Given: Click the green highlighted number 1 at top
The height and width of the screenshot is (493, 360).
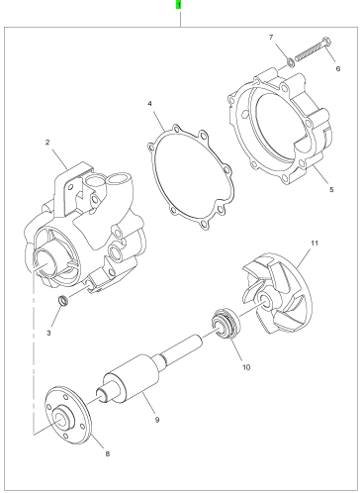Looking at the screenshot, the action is click(x=178, y=5).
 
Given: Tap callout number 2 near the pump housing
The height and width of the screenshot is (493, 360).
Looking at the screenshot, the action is click(x=47, y=143).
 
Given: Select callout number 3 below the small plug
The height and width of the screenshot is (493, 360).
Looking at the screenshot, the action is click(x=48, y=333).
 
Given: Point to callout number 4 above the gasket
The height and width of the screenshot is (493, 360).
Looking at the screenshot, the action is click(x=149, y=104).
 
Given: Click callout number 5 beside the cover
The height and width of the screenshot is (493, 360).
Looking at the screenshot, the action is click(x=331, y=189).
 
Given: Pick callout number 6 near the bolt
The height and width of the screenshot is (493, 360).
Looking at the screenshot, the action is click(x=338, y=68).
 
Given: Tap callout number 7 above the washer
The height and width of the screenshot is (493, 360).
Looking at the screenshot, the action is click(x=271, y=37).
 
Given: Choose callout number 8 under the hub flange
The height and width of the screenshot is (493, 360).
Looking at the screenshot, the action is click(x=108, y=453).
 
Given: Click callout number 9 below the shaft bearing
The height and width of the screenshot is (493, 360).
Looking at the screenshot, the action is click(x=157, y=420).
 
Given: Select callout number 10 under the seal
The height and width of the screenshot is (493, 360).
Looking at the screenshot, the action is click(x=246, y=367).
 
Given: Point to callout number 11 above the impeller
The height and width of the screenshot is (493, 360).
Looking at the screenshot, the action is click(x=315, y=243).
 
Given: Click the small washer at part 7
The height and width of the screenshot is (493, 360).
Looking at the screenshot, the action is click(x=291, y=61).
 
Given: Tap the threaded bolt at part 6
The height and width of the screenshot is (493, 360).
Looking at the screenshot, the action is click(x=313, y=49).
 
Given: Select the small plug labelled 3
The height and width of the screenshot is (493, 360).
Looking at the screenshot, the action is click(x=63, y=300).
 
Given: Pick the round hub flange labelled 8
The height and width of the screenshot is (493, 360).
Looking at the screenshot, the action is click(x=67, y=415).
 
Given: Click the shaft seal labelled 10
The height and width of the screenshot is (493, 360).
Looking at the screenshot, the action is click(x=225, y=323).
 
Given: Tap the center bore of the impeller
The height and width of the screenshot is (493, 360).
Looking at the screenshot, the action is click(x=264, y=297).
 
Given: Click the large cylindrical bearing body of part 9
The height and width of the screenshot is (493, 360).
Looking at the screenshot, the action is click(x=132, y=379).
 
